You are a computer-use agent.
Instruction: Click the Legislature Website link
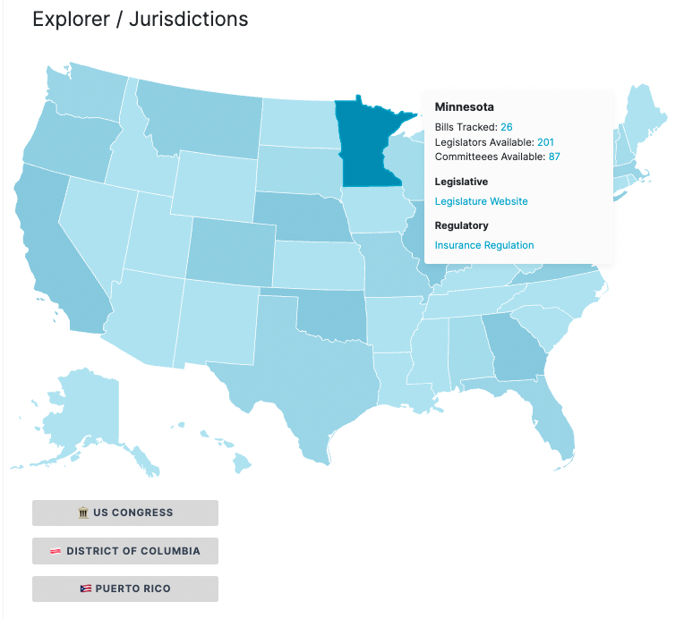[x=481, y=201]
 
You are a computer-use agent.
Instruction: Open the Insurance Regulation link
[x=483, y=245]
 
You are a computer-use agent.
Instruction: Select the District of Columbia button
[x=125, y=551]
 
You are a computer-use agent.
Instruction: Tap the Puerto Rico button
[x=125, y=589]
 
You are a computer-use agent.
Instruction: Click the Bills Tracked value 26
[x=507, y=127]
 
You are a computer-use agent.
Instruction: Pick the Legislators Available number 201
[x=545, y=142]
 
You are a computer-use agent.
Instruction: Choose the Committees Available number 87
[x=554, y=157]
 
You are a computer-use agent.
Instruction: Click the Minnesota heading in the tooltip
[x=464, y=107]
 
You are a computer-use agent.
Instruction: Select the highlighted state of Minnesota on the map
[x=367, y=148]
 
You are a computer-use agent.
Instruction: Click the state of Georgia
[x=515, y=353]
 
